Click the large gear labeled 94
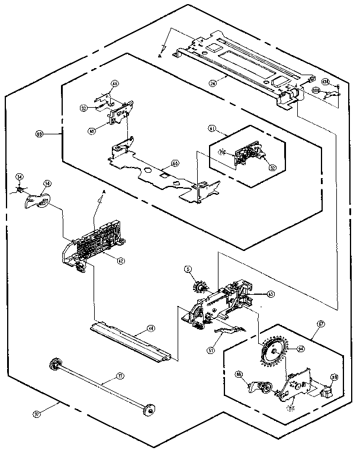(274, 350)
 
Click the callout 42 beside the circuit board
(120, 259)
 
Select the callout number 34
(20, 176)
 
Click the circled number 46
(115, 85)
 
